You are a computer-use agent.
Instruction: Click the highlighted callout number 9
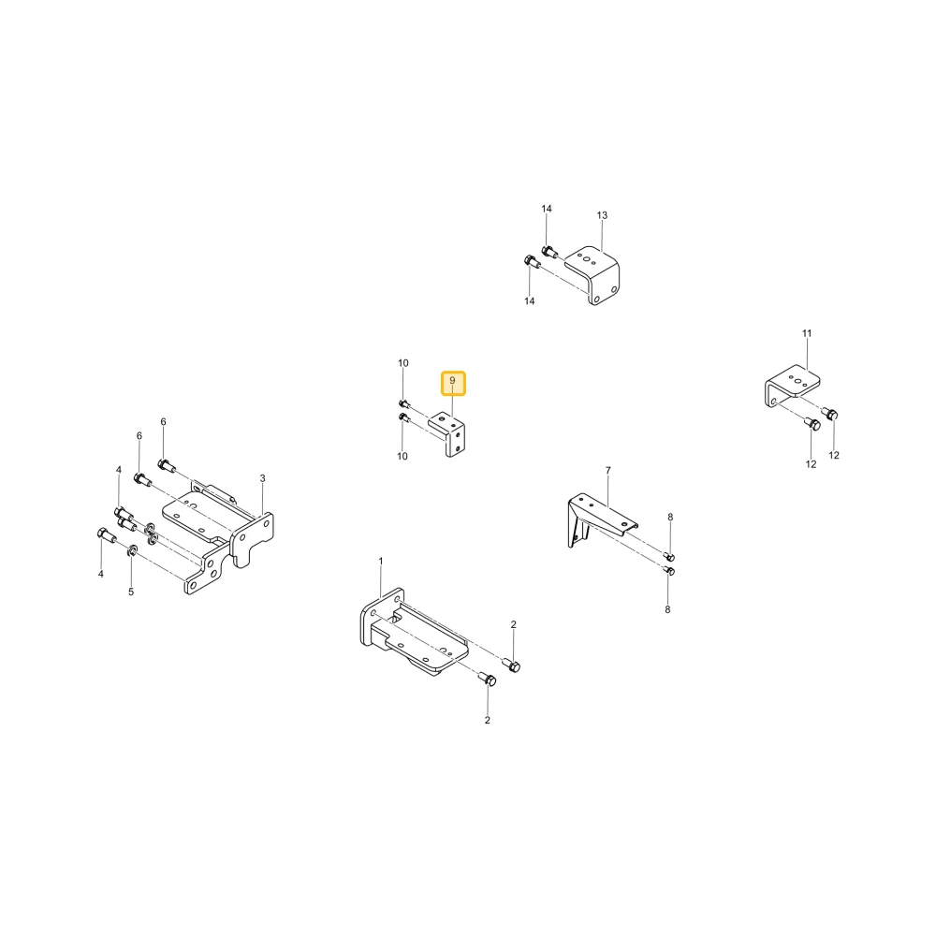point(452,380)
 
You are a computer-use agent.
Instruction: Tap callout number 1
point(381,561)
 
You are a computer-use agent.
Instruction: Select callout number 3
point(263,478)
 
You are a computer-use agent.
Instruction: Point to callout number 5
point(131,592)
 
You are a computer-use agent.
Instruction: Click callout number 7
point(608,471)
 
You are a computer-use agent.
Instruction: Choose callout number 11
point(807,333)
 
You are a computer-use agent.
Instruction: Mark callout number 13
point(602,215)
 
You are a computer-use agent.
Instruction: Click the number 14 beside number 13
point(547,209)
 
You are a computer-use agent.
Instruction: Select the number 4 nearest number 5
point(101,574)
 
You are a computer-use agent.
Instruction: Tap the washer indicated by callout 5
point(133,549)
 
